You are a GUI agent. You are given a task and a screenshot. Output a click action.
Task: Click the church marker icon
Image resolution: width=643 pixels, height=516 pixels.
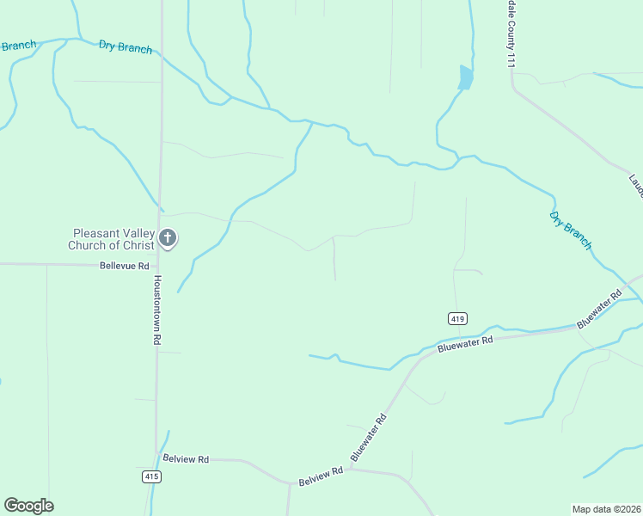168,238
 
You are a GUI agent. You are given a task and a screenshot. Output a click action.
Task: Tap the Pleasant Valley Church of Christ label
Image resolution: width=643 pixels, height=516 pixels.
113,239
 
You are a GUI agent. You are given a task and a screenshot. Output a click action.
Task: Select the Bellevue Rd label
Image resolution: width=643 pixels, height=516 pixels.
124,267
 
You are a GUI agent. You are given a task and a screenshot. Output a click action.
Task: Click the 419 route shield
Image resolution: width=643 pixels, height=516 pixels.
457,318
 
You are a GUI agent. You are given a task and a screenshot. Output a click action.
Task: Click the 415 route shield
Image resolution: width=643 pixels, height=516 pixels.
151,476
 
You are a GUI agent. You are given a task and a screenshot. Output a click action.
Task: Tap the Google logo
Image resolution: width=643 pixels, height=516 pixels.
28,506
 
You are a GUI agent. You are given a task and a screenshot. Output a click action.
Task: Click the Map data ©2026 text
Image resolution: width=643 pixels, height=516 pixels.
607,508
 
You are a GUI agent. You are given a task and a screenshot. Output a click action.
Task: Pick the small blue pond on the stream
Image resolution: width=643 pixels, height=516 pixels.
465,78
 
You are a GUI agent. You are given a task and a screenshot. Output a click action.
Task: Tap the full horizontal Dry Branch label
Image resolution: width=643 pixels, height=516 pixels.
126,47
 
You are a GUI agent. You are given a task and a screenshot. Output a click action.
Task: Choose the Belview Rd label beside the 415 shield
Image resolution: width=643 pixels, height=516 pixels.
186,459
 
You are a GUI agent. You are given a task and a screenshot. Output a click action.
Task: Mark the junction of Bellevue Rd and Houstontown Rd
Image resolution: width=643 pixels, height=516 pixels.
157,265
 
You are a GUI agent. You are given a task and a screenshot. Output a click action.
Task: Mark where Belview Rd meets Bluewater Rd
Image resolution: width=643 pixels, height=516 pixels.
349,470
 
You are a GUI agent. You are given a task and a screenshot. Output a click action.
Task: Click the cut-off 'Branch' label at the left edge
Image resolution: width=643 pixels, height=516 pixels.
17,46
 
